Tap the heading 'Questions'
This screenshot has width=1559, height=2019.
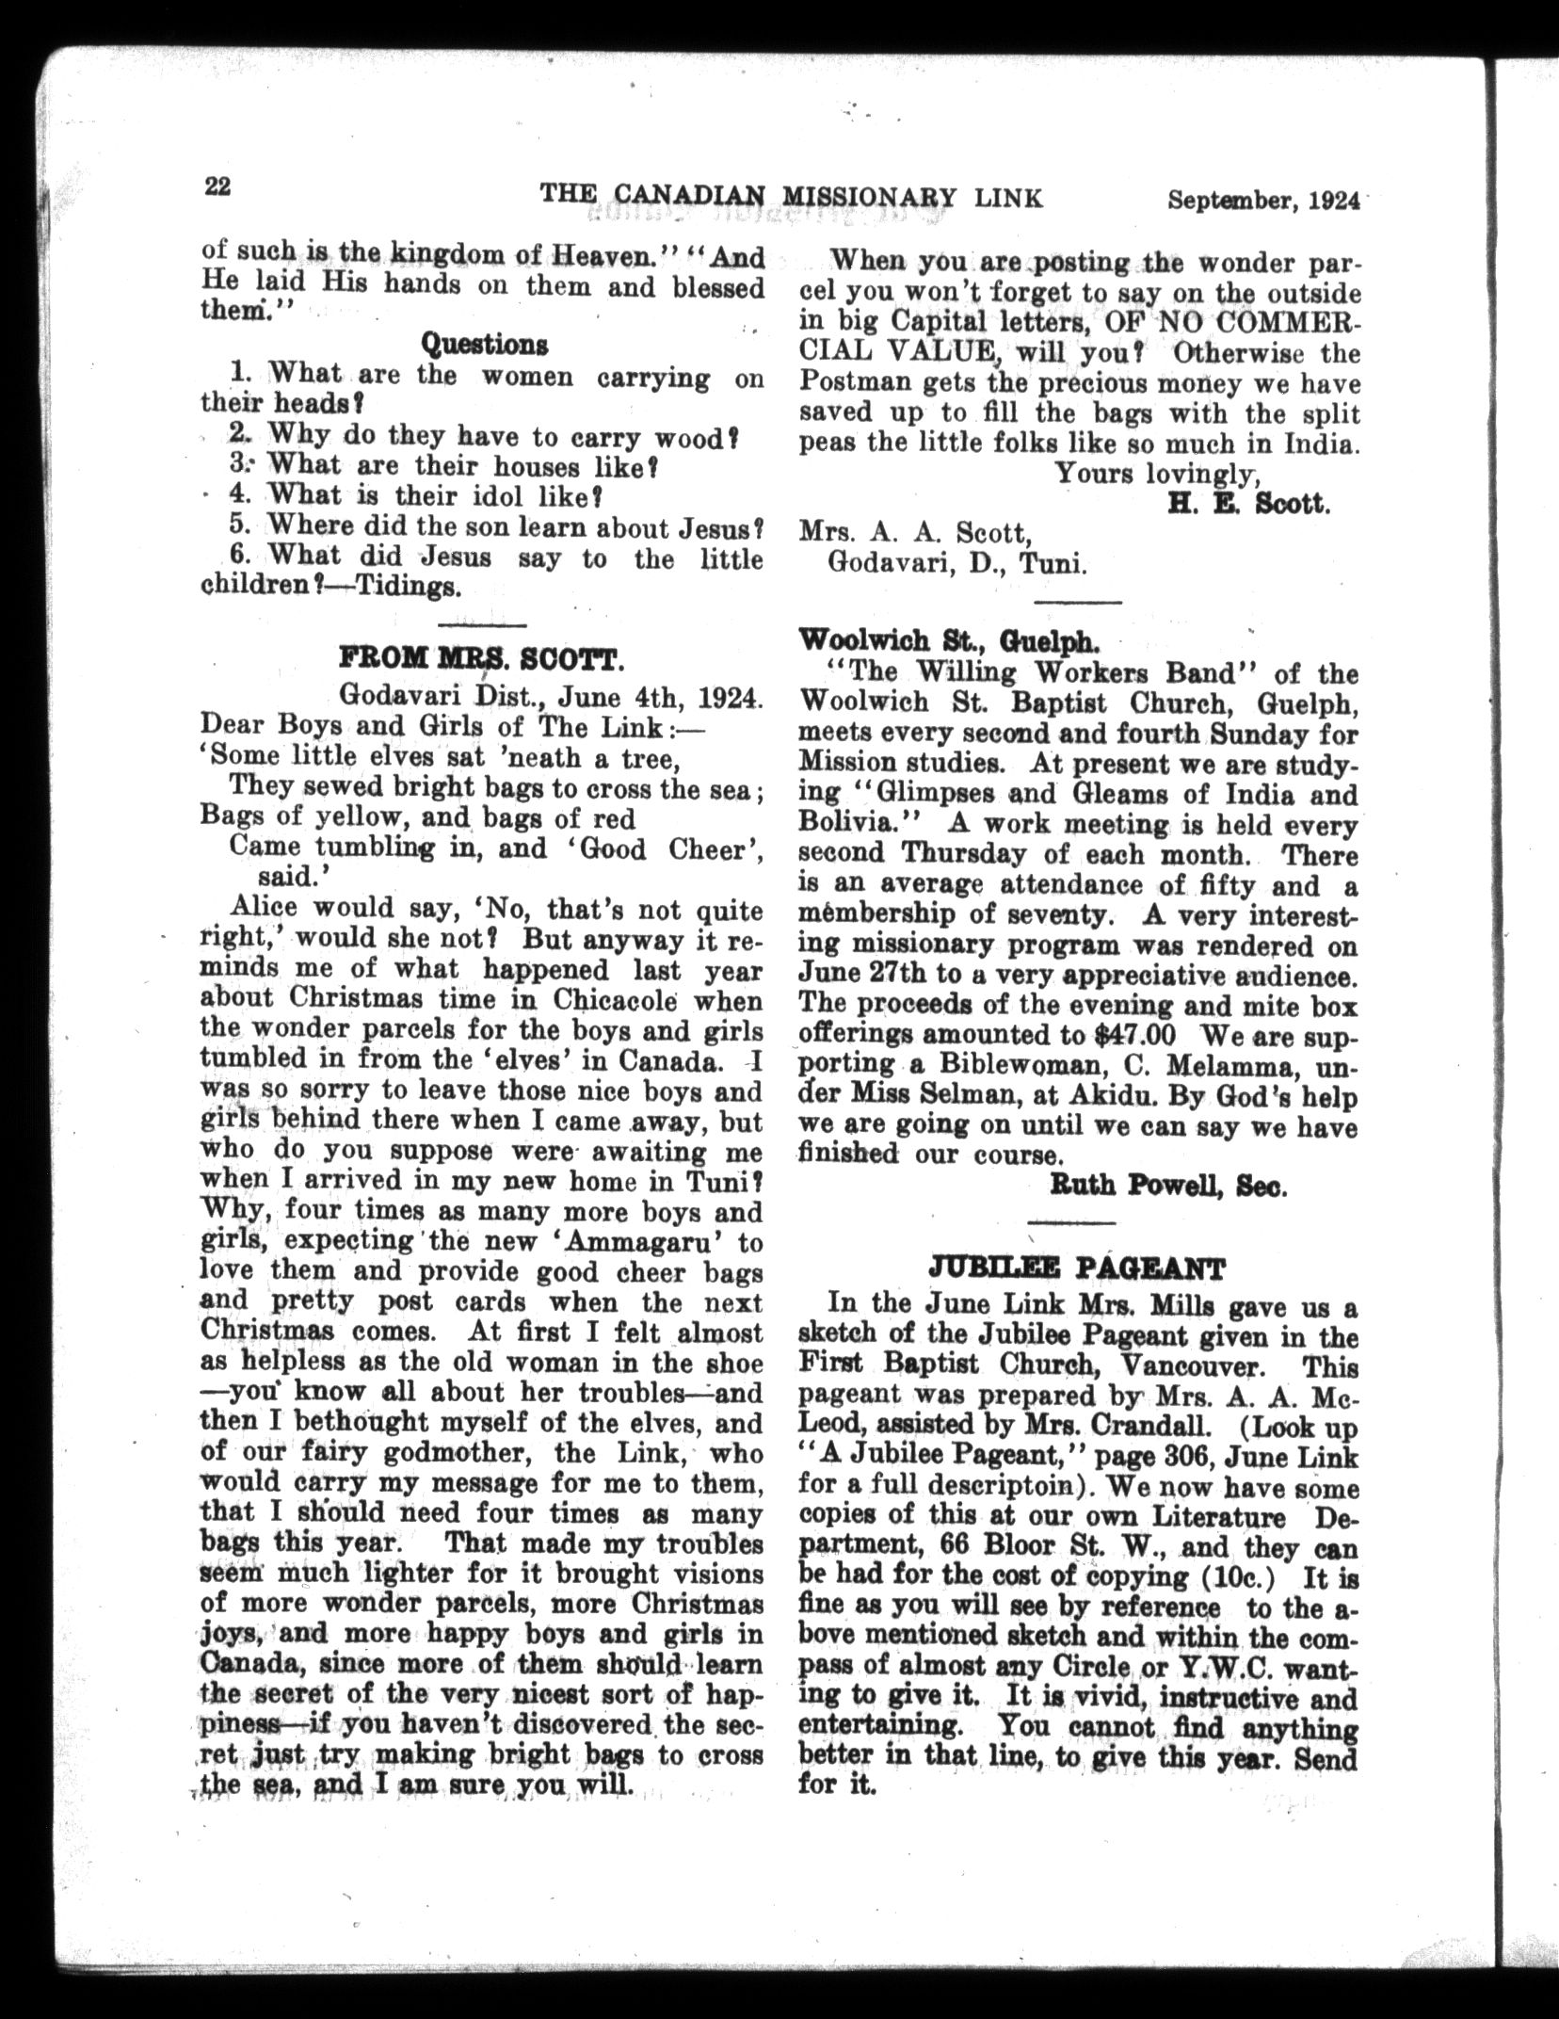tap(484, 344)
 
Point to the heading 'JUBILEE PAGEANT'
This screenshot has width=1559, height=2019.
tap(1077, 1269)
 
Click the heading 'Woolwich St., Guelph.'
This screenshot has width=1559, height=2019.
tap(947, 642)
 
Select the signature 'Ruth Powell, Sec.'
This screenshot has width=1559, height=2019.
tap(1167, 1188)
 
